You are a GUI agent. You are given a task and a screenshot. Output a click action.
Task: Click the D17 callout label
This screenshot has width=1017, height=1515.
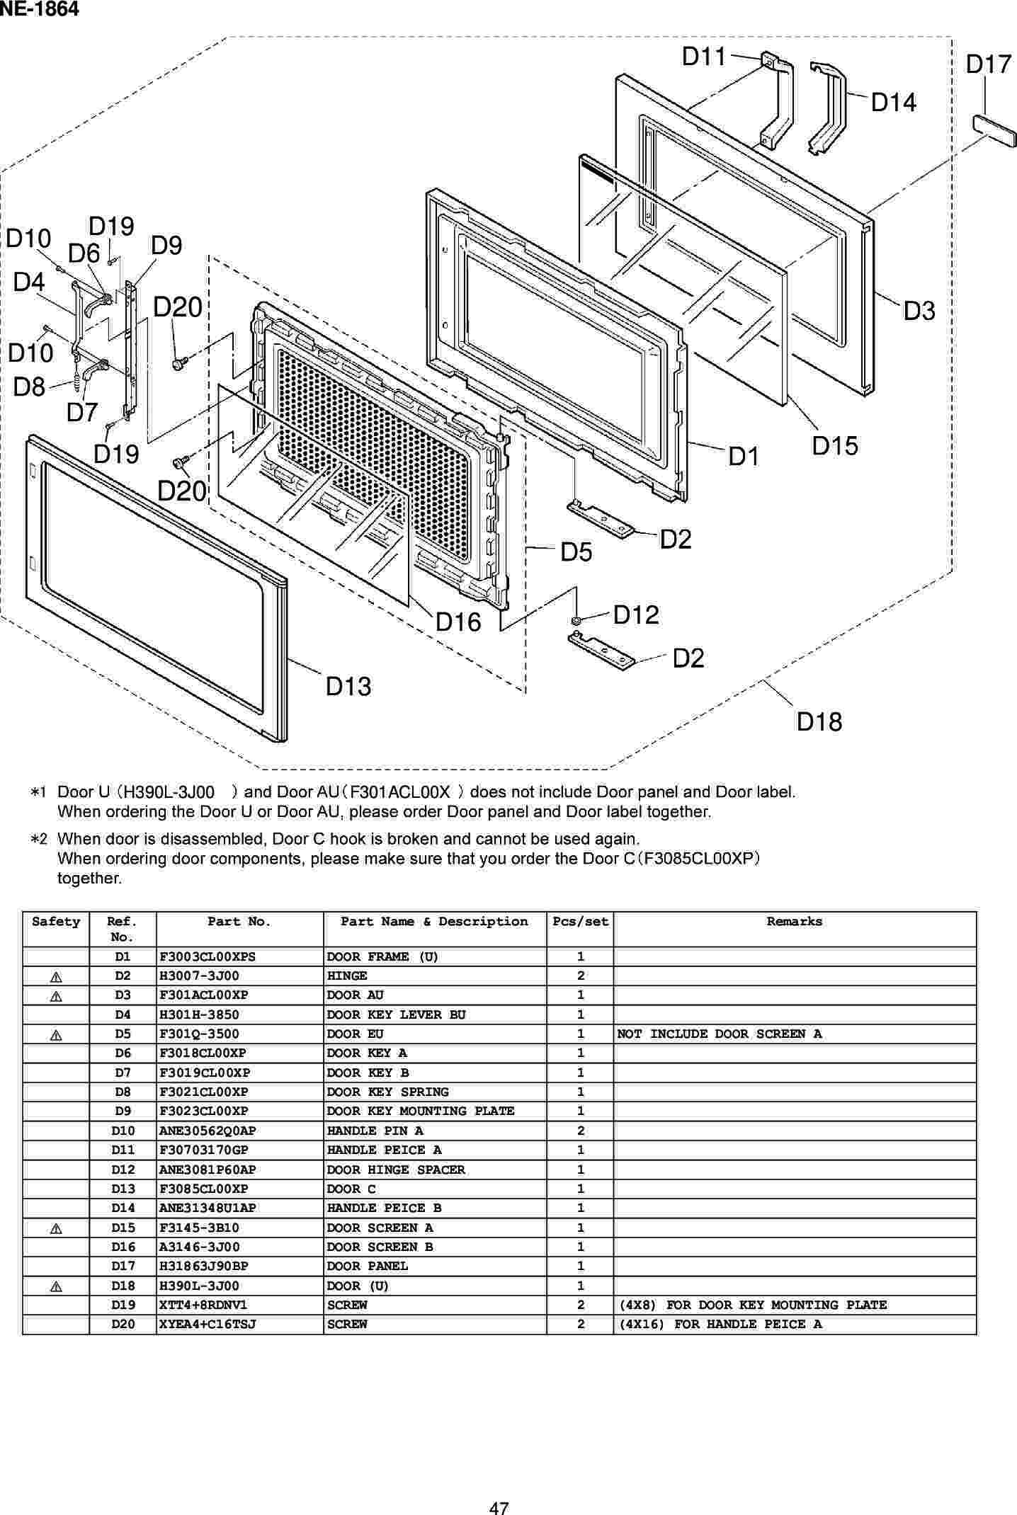(x=989, y=65)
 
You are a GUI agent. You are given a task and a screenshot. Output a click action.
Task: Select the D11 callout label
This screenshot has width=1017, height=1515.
(x=704, y=57)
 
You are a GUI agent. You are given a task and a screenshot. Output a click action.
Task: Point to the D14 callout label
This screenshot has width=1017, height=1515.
(x=893, y=103)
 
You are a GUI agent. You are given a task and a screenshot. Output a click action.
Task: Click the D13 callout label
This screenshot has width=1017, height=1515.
(x=348, y=686)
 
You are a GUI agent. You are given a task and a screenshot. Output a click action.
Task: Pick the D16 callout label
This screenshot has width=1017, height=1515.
(x=458, y=622)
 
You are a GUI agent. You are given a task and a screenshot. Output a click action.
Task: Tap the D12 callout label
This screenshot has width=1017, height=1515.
(x=636, y=614)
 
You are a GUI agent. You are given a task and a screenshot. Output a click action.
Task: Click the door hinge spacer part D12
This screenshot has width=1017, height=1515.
(x=576, y=621)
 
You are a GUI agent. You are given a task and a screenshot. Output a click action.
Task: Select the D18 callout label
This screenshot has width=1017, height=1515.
(x=819, y=721)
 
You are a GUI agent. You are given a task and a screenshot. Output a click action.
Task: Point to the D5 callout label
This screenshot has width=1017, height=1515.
(x=576, y=552)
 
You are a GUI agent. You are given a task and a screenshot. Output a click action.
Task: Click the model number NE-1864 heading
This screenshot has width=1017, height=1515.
(x=39, y=9)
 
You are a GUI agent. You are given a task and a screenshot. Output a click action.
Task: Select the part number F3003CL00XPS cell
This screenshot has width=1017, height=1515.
(x=208, y=956)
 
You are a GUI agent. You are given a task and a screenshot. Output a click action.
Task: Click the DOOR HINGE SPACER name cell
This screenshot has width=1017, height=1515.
(x=396, y=1170)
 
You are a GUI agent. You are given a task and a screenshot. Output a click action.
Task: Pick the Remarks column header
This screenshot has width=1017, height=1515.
(x=794, y=921)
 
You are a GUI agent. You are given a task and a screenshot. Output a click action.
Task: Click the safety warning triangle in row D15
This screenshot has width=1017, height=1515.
(x=57, y=1228)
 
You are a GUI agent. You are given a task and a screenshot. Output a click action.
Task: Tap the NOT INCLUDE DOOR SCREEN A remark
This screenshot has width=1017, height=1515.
(x=719, y=1034)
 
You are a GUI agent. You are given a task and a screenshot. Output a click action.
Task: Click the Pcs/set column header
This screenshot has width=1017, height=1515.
(x=580, y=921)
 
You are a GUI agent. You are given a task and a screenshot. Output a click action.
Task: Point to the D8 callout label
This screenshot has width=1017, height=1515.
(x=29, y=387)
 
